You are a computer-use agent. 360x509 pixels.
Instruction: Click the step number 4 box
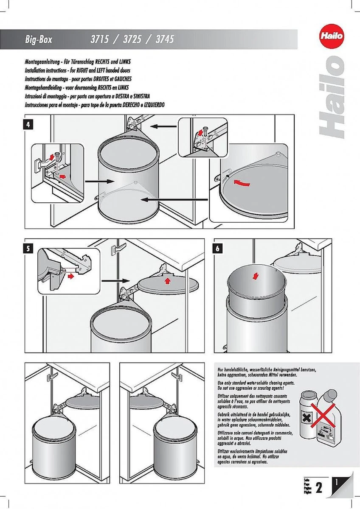tap(28, 125)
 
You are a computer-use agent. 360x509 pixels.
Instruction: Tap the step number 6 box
tap(217, 249)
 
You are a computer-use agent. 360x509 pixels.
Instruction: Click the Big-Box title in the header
tap(40, 40)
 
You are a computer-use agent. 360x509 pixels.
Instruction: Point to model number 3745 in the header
tap(165, 40)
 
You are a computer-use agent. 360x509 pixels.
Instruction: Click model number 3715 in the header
tap(100, 40)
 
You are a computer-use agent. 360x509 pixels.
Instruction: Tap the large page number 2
tap(319, 487)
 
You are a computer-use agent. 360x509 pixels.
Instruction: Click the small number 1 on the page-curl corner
tap(336, 481)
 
